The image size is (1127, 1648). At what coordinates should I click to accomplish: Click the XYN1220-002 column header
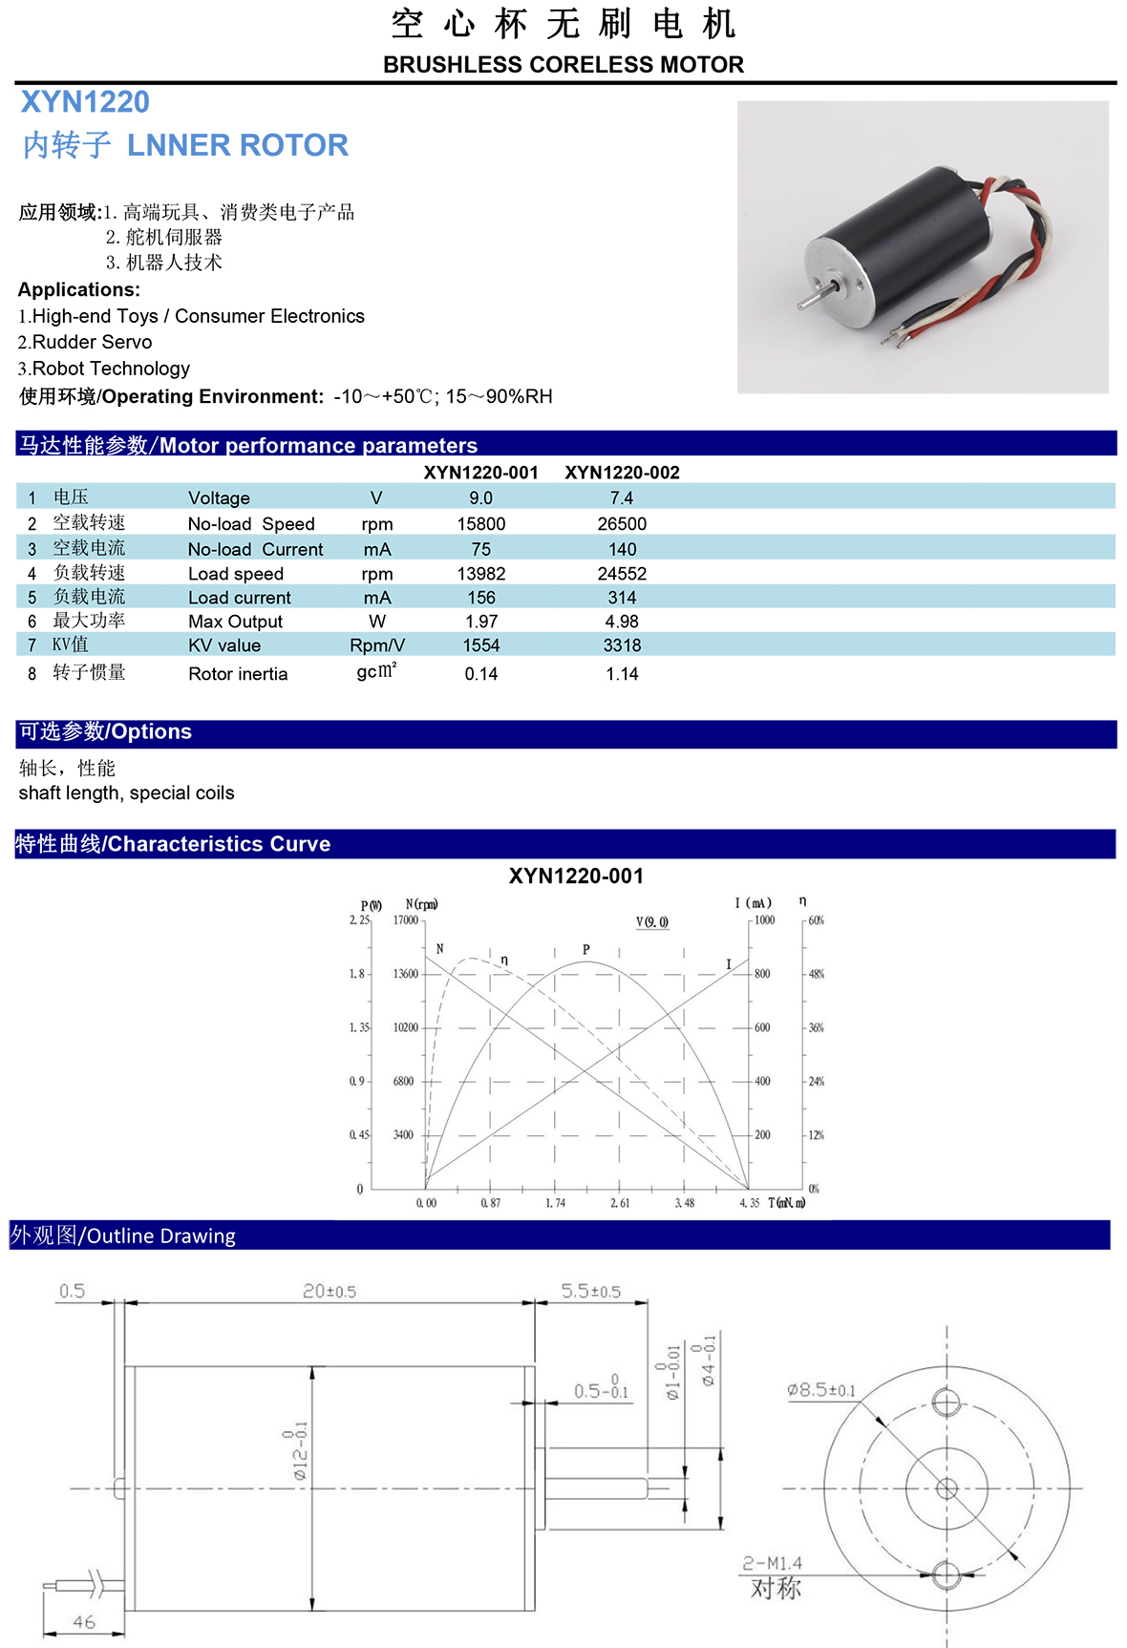622,473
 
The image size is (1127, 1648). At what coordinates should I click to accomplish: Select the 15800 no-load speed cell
481,524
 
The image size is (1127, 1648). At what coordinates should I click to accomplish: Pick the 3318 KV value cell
622,645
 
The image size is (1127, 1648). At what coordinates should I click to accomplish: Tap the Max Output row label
235,622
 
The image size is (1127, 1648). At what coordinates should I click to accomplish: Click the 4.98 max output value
622,622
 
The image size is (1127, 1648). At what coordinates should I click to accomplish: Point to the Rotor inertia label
238,674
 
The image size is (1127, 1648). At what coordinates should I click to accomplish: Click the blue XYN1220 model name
85,102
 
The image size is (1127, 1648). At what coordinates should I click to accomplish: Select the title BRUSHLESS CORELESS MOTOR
563,65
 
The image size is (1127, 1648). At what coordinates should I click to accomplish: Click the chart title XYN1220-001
576,877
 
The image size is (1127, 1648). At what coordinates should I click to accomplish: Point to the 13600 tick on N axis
406,974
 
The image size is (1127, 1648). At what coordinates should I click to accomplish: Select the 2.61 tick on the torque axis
620,1203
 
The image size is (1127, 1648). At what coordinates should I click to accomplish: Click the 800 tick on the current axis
762,974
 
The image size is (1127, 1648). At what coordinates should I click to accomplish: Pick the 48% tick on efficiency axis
817,974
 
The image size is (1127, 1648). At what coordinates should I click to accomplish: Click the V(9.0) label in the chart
652,922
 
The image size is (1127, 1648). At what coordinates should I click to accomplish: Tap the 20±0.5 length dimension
330,1292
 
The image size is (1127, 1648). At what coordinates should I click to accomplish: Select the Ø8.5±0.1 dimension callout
821,1390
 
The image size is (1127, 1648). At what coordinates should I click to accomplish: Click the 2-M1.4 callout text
773,1564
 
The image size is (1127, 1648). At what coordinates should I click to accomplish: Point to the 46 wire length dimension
84,1622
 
